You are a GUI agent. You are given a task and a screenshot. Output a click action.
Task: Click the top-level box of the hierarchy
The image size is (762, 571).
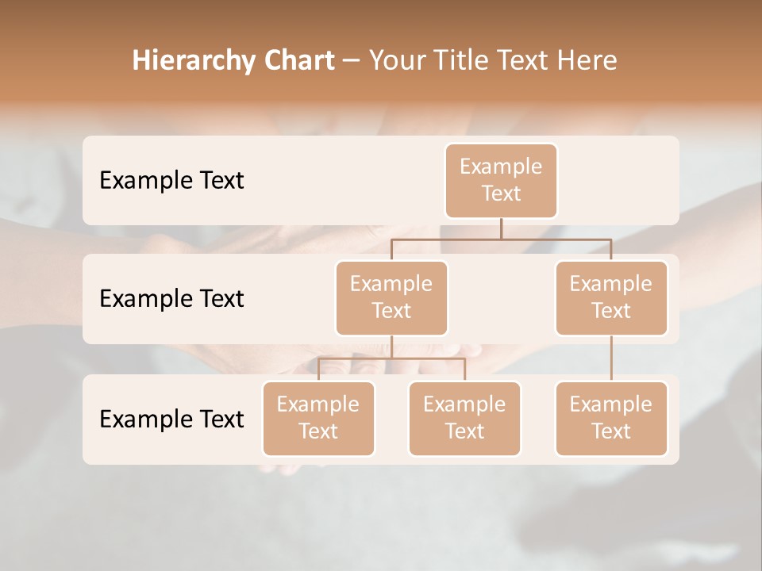coord(501,180)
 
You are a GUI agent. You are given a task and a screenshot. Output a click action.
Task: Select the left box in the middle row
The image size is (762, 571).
coord(391,297)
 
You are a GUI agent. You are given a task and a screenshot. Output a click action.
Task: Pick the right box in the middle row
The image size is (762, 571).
coord(611,297)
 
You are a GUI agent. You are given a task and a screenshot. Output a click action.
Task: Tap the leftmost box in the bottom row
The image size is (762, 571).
coord(318,418)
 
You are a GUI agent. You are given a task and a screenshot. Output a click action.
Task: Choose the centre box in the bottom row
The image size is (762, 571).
coord(464,418)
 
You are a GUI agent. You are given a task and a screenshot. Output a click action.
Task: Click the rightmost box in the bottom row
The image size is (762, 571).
coord(611,418)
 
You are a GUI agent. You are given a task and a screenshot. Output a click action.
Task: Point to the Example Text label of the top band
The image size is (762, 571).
coord(171,180)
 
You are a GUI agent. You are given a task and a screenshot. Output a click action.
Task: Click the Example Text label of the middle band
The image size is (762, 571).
coord(171,298)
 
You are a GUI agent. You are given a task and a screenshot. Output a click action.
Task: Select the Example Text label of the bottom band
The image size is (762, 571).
coord(171,419)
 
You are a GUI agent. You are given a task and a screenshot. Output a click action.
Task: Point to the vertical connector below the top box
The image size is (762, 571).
coord(501,228)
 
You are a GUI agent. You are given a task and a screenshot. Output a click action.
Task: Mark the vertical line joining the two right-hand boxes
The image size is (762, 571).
coord(611,358)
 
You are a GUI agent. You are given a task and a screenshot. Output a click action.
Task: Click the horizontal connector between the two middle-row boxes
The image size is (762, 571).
coord(501,239)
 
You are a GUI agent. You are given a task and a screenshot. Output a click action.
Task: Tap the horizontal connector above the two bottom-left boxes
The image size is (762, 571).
coord(391,358)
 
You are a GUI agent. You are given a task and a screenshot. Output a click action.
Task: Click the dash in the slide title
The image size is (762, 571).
coord(352,60)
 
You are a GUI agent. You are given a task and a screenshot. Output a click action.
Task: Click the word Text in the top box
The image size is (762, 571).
coord(501,194)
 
